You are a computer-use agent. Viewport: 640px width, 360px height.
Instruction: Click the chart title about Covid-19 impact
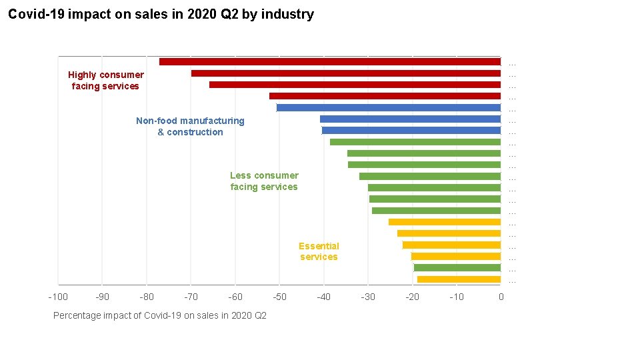(x=161, y=14)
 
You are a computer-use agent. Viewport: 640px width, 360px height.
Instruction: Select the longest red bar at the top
(x=329, y=62)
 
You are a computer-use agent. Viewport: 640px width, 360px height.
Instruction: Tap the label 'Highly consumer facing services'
(x=105, y=81)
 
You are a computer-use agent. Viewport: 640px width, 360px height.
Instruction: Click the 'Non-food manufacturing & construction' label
(x=190, y=127)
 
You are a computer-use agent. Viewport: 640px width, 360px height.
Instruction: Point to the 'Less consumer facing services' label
(x=264, y=181)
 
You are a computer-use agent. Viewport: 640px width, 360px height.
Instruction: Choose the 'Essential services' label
(x=319, y=251)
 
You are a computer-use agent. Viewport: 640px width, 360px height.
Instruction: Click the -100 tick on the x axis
(x=58, y=297)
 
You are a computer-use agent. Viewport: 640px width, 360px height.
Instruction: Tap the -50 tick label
(x=279, y=297)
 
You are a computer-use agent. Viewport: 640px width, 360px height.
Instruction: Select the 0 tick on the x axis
(x=501, y=297)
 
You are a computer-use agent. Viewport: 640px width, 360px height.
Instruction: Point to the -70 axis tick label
(x=191, y=297)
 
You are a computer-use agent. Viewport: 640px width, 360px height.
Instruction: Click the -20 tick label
(x=412, y=297)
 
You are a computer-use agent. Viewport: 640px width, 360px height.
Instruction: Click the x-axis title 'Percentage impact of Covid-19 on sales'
(x=159, y=315)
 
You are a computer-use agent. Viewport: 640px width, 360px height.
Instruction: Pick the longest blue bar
(x=388, y=108)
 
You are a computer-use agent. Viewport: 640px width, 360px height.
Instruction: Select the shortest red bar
(x=385, y=96)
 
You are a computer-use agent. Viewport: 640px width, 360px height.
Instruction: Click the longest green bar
(x=415, y=142)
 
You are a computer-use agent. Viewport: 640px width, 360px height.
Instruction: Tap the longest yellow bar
(x=444, y=222)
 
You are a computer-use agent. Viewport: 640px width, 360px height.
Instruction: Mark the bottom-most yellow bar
(x=459, y=279)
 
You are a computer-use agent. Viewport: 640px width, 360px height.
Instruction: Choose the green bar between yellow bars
(x=457, y=268)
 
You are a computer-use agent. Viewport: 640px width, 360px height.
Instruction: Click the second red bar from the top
(x=345, y=73)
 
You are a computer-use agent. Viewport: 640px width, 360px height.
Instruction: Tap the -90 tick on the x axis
(x=102, y=297)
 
